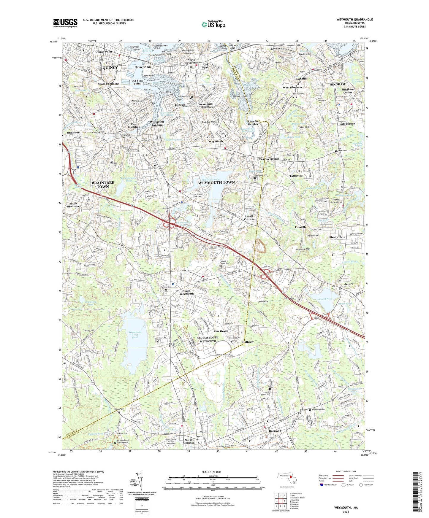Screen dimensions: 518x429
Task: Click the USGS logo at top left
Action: pos(65,23)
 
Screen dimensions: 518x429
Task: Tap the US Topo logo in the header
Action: pos(213,24)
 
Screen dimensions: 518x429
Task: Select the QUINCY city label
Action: pos(110,68)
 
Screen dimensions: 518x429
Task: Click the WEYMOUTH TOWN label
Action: pos(216,182)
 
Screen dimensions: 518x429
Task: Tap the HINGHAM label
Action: pos(337,85)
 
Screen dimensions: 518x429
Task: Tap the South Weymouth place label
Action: pos(186,292)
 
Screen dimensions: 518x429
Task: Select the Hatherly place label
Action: pos(248,342)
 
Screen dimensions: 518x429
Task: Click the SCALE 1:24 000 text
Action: pos(213,472)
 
